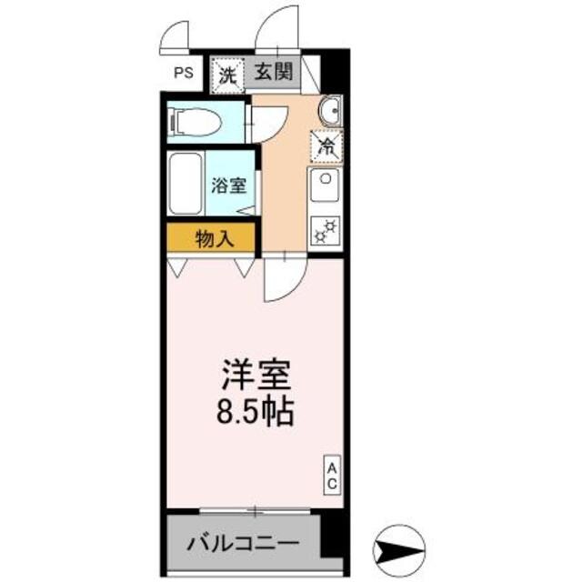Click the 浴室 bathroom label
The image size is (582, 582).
[228, 186]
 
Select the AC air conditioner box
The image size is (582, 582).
[332, 476]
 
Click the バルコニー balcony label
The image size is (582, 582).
[243, 547]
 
